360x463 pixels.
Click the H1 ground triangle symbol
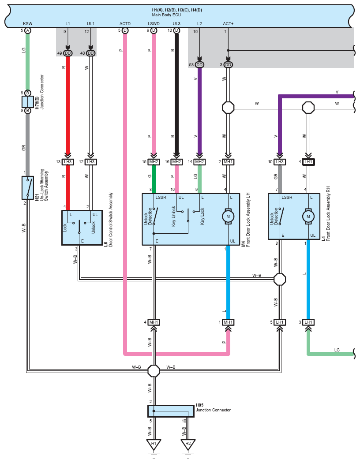[154, 444]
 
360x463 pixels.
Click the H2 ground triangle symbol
[188, 444]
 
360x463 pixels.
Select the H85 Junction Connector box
[171, 411]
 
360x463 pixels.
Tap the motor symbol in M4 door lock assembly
[228, 217]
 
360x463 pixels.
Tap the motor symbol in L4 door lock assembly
[308, 217]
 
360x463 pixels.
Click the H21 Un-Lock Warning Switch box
[28, 188]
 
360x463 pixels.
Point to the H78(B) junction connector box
[28, 102]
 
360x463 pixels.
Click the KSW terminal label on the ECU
[28, 24]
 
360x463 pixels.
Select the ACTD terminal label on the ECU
[125, 24]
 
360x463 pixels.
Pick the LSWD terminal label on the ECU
[154, 24]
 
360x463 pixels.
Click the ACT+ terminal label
[228, 24]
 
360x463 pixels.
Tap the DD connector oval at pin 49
[67, 53]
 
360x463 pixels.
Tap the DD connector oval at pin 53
[199, 65]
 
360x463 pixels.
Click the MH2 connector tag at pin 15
[154, 162]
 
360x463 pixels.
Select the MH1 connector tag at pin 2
[228, 162]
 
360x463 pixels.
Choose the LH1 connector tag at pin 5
[280, 322]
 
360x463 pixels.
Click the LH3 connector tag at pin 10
[280, 162]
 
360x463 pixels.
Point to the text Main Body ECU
[166, 15]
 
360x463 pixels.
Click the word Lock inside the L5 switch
[65, 228]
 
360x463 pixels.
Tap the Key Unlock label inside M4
[174, 216]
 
